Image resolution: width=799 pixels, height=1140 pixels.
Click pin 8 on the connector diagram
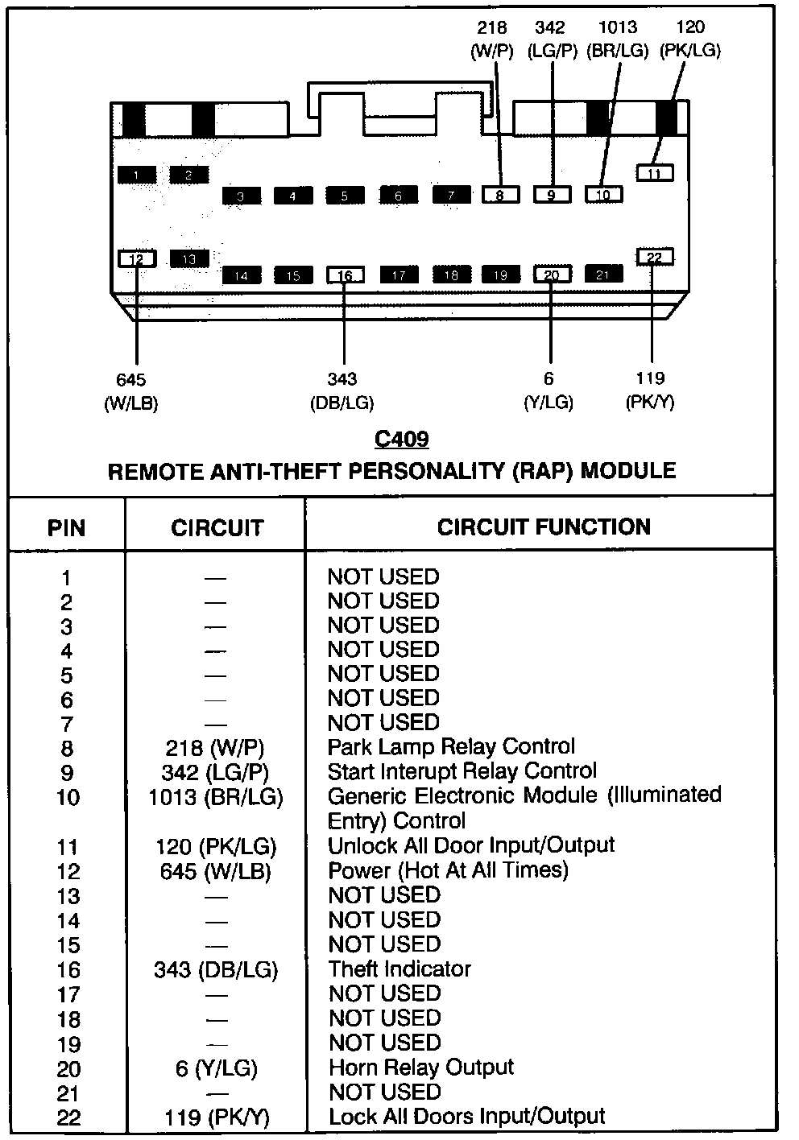[x=500, y=194]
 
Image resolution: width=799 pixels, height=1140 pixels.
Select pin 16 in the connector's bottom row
[x=345, y=275]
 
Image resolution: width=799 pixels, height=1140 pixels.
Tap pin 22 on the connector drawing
[x=655, y=257]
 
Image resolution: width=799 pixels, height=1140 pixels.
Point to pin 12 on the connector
[x=137, y=258]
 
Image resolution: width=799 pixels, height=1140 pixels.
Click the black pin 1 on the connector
[x=137, y=175]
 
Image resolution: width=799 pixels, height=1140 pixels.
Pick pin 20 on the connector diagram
[x=552, y=275]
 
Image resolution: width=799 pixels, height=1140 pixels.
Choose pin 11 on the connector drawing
[x=654, y=172]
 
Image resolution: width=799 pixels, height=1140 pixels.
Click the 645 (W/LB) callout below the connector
[x=130, y=391]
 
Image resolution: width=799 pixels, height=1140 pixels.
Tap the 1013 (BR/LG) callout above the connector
[x=618, y=39]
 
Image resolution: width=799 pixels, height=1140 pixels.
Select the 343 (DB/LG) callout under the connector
[x=342, y=391]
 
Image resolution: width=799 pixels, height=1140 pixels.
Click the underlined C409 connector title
[x=402, y=440]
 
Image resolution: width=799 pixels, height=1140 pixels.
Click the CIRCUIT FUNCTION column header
[x=544, y=527]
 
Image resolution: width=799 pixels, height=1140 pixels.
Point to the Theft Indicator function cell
[x=399, y=969]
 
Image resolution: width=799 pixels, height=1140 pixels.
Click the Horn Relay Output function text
[x=421, y=1068]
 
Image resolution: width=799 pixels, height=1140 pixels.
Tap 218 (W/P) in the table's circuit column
[x=215, y=748]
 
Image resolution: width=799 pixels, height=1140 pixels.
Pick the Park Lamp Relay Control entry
[x=451, y=747]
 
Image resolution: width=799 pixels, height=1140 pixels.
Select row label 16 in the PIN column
[x=68, y=970]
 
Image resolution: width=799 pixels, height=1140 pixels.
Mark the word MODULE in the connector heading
[x=628, y=470]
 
